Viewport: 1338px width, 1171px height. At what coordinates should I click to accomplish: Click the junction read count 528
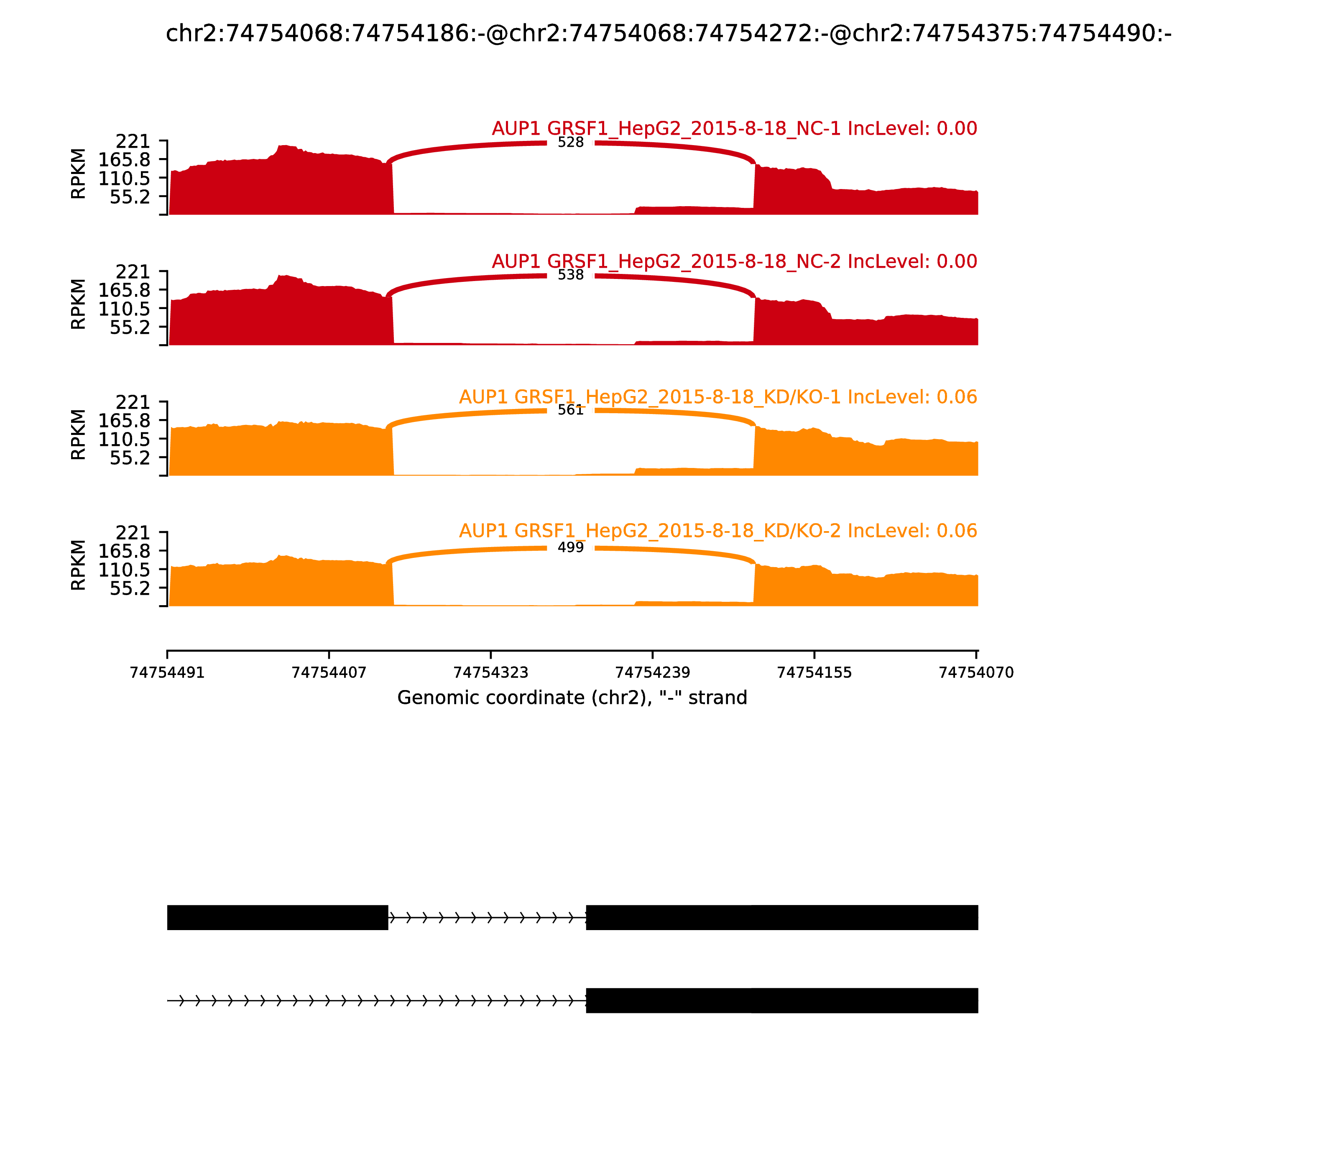(570, 143)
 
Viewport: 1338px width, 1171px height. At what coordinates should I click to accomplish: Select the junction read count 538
(570, 275)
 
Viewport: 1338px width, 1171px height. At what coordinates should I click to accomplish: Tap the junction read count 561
(570, 410)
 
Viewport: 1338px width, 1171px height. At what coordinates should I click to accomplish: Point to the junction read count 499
(570, 547)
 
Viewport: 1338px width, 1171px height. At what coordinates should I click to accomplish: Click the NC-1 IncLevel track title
(734, 129)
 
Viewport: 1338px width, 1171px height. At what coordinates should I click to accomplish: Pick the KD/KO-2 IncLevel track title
(718, 531)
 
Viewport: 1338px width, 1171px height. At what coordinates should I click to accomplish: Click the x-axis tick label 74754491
(167, 673)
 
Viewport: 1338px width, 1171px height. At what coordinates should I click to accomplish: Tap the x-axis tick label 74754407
(329, 673)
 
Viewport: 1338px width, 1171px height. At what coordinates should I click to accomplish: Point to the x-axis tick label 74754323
(490, 673)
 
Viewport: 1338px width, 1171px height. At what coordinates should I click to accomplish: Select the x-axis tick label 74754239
(653, 673)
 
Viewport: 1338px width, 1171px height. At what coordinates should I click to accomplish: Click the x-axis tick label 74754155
(814, 673)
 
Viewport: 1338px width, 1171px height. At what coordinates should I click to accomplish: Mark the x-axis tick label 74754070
(976, 673)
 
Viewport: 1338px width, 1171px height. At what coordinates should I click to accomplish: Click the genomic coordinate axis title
(572, 698)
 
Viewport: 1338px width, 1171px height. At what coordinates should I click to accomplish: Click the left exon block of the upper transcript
(278, 918)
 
